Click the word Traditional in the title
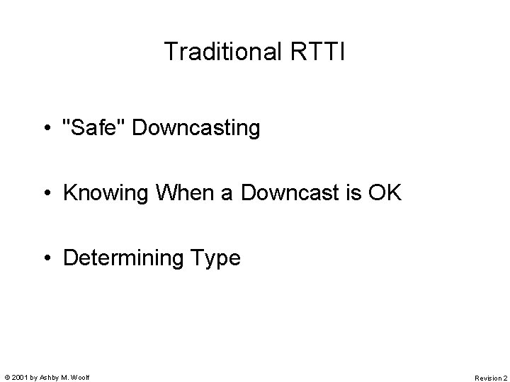pyautogui.click(x=224, y=52)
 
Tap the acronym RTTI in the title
pyautogui.click(x=318, y=52)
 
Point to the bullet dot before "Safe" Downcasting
pyautogui.click(x=46, y=129)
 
